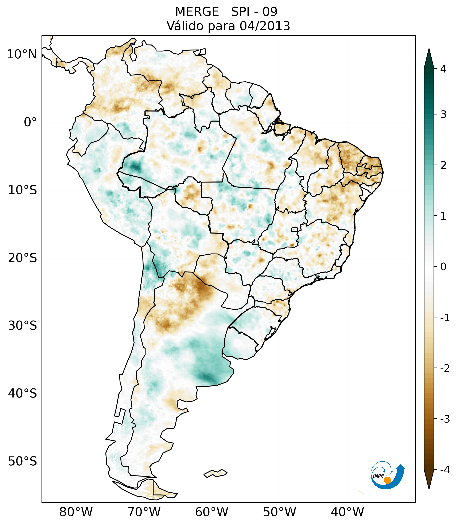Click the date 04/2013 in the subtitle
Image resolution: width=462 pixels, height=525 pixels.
[265, 26]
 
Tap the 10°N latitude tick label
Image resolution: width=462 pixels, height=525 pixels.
[22, 54]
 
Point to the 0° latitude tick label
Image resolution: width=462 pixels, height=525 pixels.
[30, 122]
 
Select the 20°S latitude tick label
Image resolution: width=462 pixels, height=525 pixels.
[23, 258]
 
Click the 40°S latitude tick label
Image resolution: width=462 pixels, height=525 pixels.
[23, 393]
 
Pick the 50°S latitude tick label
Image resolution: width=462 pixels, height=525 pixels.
[23, 461]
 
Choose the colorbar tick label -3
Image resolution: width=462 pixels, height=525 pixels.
[445, 419]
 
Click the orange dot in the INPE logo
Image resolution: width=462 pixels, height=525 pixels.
[387, 480]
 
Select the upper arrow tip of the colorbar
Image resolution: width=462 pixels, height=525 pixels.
[429, 50]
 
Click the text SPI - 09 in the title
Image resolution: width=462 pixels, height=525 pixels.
[254, 12]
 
